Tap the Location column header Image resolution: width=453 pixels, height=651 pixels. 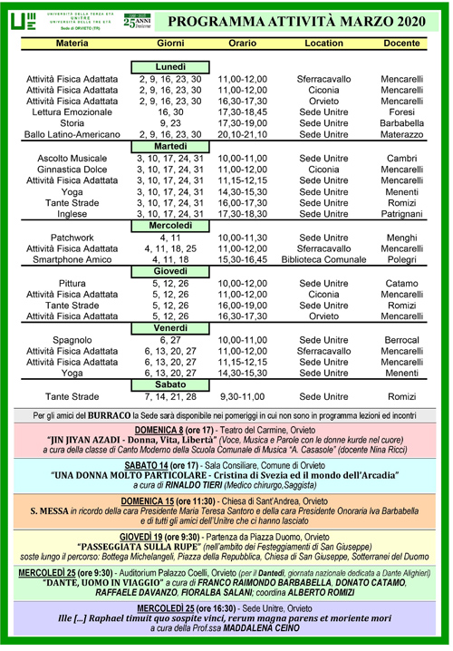pyautogui.click(x=324, y=43)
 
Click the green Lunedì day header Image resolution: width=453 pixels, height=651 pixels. pyautogui.click(x=169, y=67)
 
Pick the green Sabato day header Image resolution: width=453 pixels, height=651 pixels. pyautogui.click(x=169, y=384)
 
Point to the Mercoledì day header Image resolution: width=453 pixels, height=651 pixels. pyautogui.click(x=169, y=224)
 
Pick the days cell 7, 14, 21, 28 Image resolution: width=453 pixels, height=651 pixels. pyautogui.click(x=169, y=396)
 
